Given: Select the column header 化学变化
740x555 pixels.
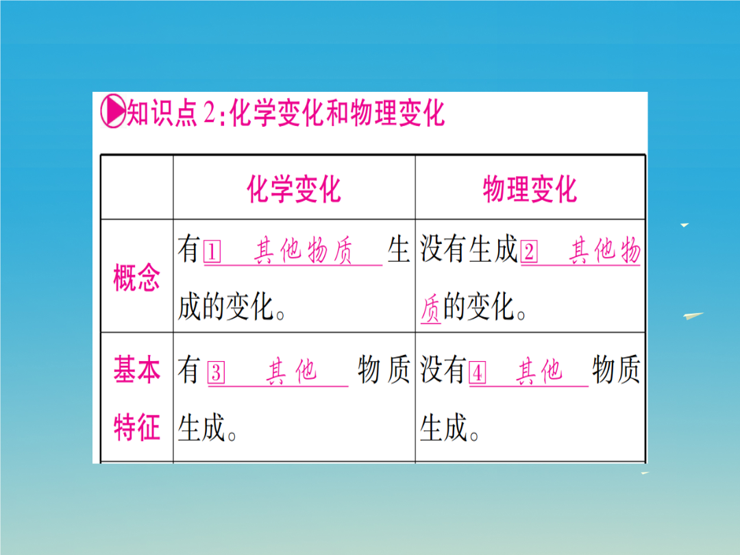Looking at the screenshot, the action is coord(294,189).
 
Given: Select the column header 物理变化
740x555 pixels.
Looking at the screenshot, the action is coord(530,189).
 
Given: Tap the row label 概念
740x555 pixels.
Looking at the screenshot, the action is coord(137,277).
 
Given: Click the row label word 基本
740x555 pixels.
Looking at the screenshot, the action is coord(137,369).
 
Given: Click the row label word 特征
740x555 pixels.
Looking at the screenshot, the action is coord(137,428).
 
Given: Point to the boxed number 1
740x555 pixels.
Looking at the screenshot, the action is coord(212,252).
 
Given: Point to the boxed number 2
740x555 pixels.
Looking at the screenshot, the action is coord(529,252).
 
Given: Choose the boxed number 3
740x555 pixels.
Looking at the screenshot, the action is coord(216,373).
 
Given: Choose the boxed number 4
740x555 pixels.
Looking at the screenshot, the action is coord(477,373).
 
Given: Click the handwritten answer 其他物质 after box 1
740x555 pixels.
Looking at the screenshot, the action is coord(303,251).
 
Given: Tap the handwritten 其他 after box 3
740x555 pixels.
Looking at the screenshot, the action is coord(291,371).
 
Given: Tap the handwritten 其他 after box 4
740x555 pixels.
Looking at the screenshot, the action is coord(539,371).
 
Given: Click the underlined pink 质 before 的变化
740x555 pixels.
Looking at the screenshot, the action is coord(430,308).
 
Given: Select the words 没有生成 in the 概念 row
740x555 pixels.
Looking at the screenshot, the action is coord(469,249).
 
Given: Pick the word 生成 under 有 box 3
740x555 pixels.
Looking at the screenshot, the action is coord(201,428).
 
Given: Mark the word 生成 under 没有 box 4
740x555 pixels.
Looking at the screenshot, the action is coord(443,428).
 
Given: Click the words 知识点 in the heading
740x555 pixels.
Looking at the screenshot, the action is coord(162,113).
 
